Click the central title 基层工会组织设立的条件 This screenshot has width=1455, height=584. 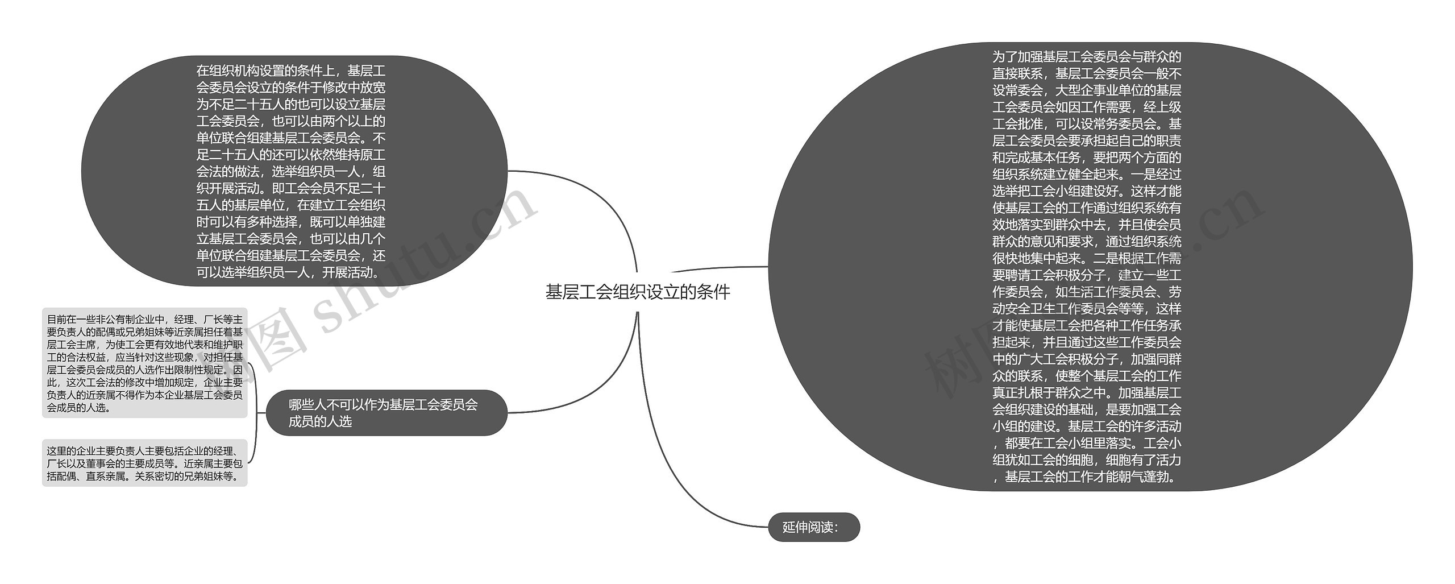point(637,292)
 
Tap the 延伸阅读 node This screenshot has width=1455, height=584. point(813,527)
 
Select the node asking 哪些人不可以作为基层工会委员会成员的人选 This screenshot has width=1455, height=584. point(386,413)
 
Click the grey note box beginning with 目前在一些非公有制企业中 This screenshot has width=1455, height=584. point(144,363)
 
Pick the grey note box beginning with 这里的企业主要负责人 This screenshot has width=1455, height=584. point(144,463)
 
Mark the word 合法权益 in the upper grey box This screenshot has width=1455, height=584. point(88,358)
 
